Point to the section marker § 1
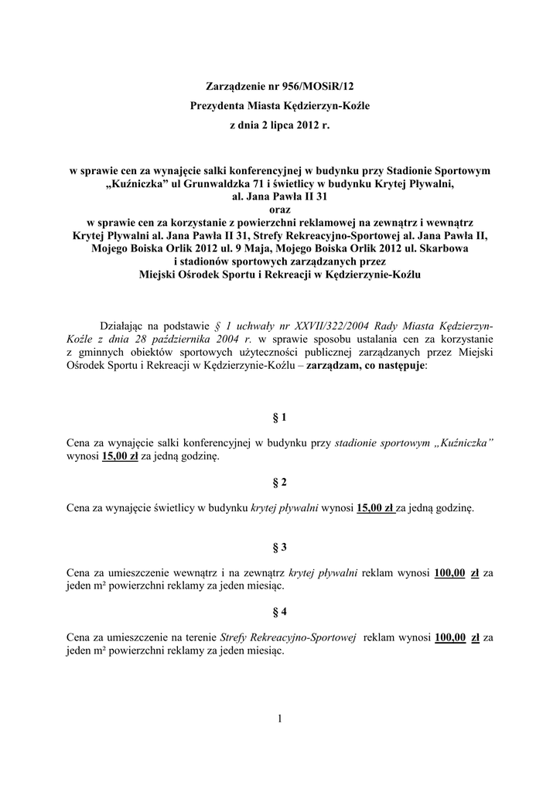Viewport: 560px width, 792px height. coord(280,418)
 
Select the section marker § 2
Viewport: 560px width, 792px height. coord(280,483)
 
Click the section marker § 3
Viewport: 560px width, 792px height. coord(280,548)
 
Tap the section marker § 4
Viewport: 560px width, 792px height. coord(280,612)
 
